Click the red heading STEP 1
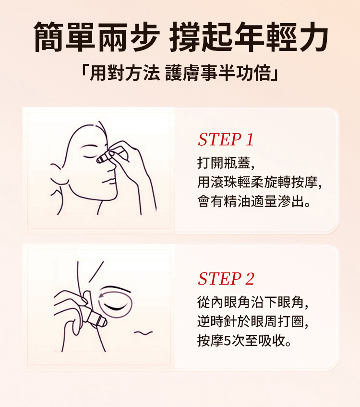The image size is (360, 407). coord(226,139)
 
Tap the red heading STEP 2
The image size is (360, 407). coord(226,279)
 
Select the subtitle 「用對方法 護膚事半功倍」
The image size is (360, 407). coord(180,73)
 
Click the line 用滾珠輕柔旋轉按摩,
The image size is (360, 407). coord(260,182)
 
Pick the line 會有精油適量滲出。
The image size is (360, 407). coord(254,201)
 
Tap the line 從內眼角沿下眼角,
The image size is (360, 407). coord(253,302)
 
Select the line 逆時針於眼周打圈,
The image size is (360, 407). coord(253,321)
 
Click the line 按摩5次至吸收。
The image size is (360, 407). coord(244,341)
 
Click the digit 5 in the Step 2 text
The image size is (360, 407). coord(227,341)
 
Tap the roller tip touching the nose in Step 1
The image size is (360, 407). coord(101,159)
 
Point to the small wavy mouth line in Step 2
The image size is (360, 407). coord(143,333)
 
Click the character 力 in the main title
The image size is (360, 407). coord(313,37)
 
